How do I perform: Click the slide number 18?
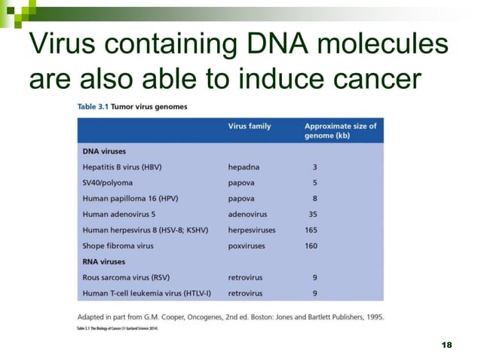446,343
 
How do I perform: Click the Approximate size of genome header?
340,131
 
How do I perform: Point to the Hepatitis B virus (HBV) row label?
122,166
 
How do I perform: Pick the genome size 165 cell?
311,230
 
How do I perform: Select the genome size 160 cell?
311,246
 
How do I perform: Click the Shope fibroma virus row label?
118,246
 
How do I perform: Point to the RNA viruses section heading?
104,261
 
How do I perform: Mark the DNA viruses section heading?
104,151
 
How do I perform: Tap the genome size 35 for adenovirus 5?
312,214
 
